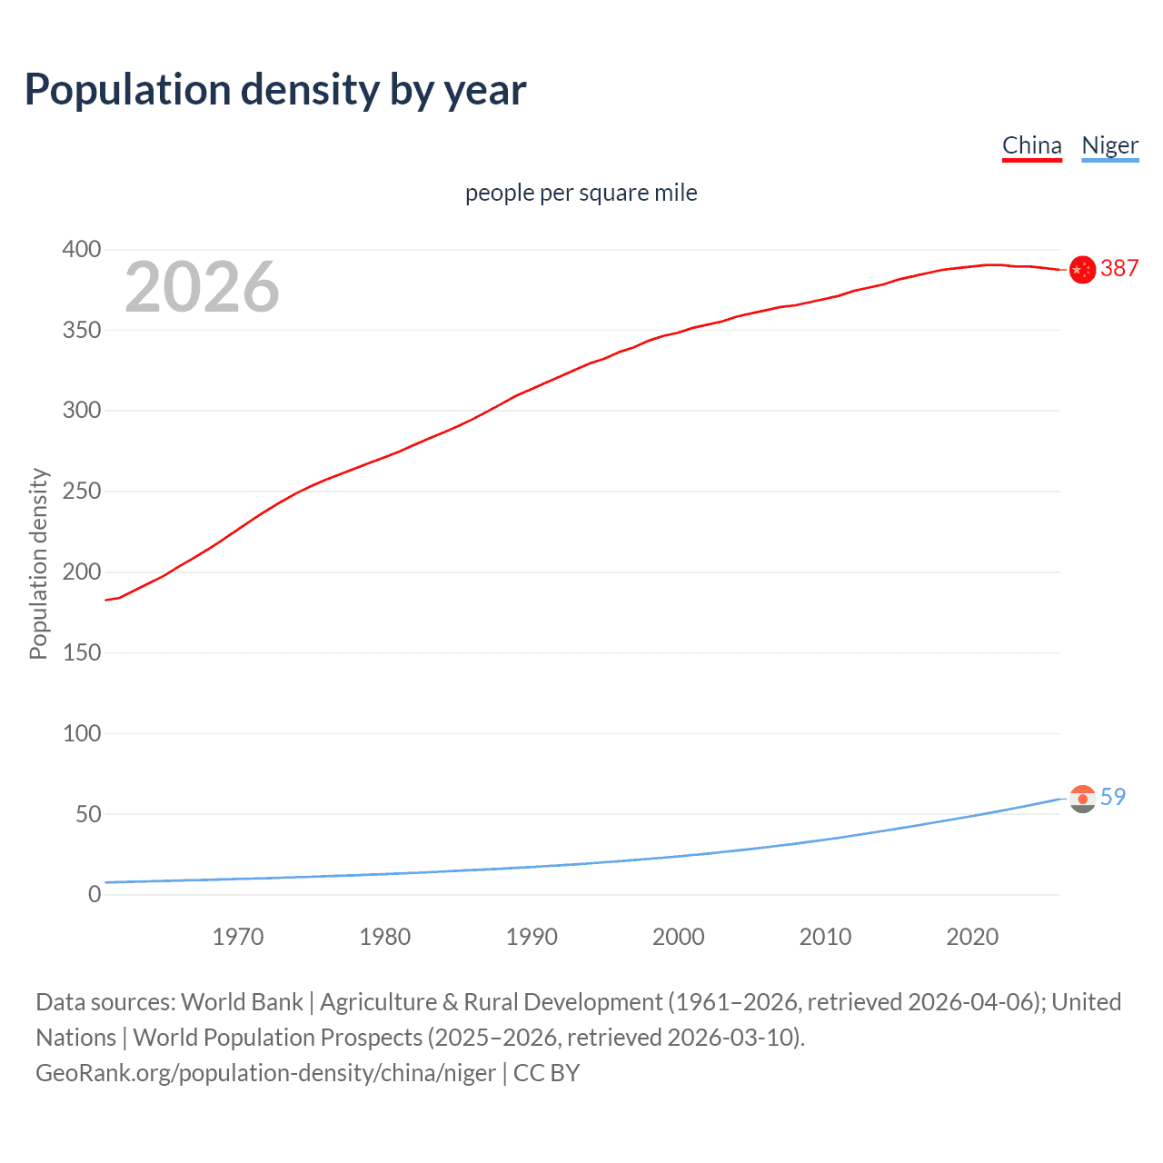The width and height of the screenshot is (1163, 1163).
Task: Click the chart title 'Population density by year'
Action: [275, 90]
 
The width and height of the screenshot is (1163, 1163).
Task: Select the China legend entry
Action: [1031, 145]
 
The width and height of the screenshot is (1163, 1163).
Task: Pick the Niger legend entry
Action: [1109, 145]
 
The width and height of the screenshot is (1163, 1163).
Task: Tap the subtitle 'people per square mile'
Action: [581, 193]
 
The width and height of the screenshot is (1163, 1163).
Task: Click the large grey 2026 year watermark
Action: [202, 287]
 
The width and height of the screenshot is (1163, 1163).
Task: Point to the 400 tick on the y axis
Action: [82, 249]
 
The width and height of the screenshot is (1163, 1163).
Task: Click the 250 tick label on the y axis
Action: [82, 492]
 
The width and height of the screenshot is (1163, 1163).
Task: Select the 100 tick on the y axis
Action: [82, 733]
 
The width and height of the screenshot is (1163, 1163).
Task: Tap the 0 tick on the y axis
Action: [94, 895]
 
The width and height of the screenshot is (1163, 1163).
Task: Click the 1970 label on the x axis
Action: [238, 937]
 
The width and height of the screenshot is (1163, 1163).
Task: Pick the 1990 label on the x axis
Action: [532, 937]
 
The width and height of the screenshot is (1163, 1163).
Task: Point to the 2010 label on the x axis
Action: [825, 937]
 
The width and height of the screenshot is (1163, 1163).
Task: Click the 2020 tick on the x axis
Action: [972, 937]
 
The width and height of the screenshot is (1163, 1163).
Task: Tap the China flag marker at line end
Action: [1082, 270]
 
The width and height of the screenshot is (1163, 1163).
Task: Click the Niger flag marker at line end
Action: [1082, 799]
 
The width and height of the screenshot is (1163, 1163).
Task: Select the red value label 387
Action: [1119, 268]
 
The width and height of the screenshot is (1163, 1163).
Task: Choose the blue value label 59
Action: [1113, 797]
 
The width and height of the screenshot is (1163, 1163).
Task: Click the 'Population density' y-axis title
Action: [38, 563]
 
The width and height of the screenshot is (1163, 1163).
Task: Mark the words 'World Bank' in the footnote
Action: [242, 1001]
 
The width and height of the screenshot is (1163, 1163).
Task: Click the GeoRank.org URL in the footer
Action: [265, 1072]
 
